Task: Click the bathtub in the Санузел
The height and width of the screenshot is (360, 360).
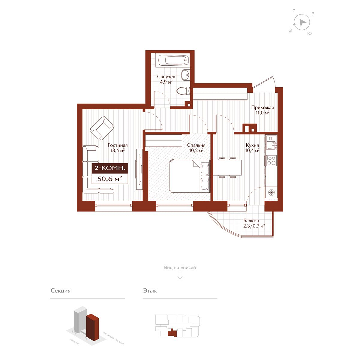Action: tap(173, 60)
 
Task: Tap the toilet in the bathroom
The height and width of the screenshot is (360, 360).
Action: tap(183, 90)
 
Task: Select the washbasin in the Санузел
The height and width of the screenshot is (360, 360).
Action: tap(186, 75)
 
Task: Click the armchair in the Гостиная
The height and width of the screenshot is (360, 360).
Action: tap(102, 128)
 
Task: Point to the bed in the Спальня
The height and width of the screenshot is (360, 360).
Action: tap(190, 176)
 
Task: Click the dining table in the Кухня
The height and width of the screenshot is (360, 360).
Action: tap(227, 168)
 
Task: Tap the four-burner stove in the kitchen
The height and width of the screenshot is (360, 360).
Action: tap(271, 160)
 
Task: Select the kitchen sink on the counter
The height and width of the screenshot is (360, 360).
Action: tap(271, 143)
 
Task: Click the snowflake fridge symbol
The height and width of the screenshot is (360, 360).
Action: tap(271, 192)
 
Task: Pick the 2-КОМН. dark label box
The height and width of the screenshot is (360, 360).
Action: tap(110, 168)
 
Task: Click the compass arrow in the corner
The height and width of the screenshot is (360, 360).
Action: tap(302, 22)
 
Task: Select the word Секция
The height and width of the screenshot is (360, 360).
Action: tap(61, 291)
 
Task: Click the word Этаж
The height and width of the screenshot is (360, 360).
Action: tap(150, 291)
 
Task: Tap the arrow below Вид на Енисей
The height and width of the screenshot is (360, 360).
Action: tap(180, 276)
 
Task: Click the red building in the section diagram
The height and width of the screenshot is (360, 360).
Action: tap(92, 327)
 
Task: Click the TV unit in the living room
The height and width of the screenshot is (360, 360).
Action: tap(139, 169)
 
